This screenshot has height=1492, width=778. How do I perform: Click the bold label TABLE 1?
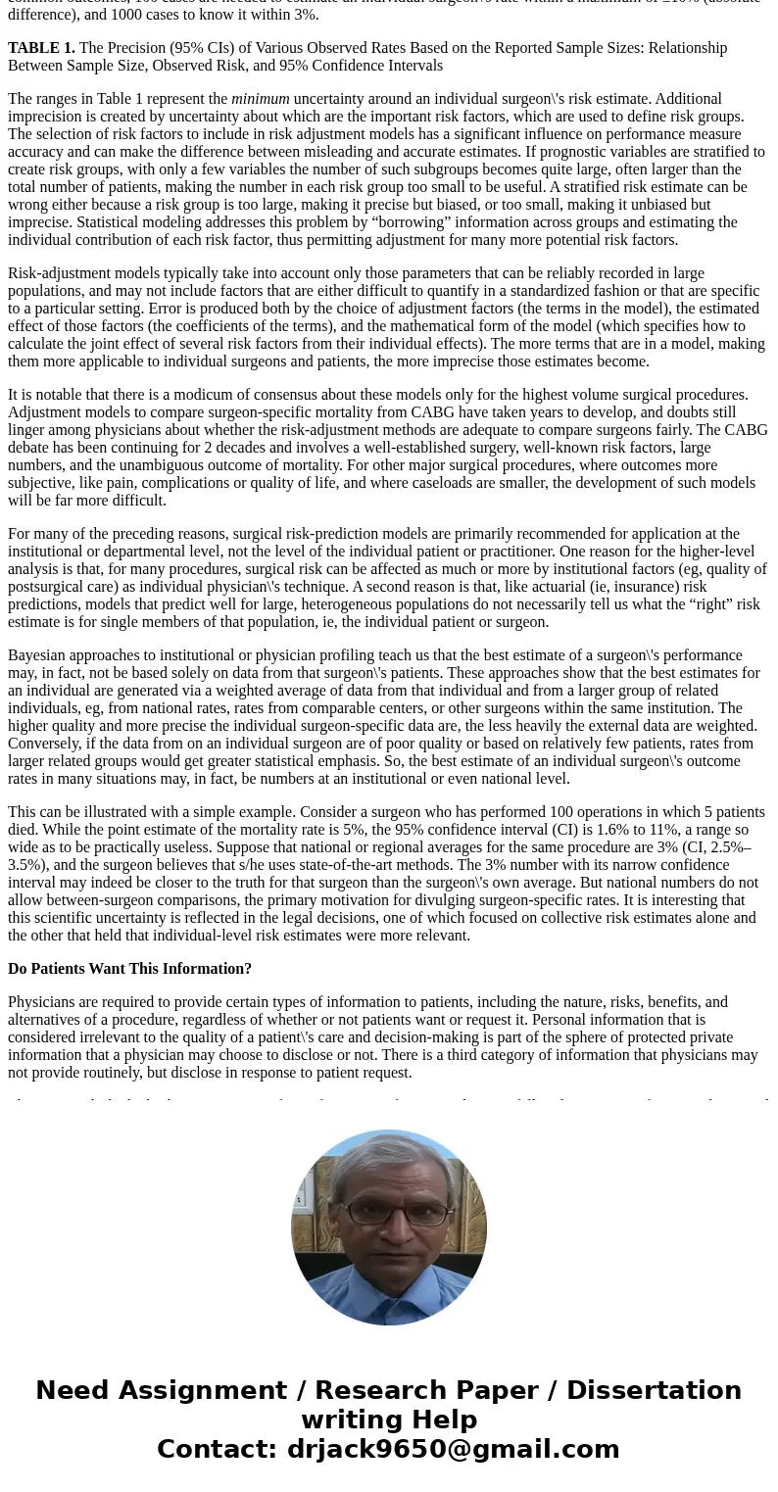[41, 48]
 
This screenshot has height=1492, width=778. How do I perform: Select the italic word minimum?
[260, 99]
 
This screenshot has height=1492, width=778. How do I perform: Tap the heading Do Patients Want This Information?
[129, 969]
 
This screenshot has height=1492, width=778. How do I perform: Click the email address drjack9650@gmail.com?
[453, 1449]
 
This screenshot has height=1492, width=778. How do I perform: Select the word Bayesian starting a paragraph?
[37, 655]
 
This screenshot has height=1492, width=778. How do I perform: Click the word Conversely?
[47, 744]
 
